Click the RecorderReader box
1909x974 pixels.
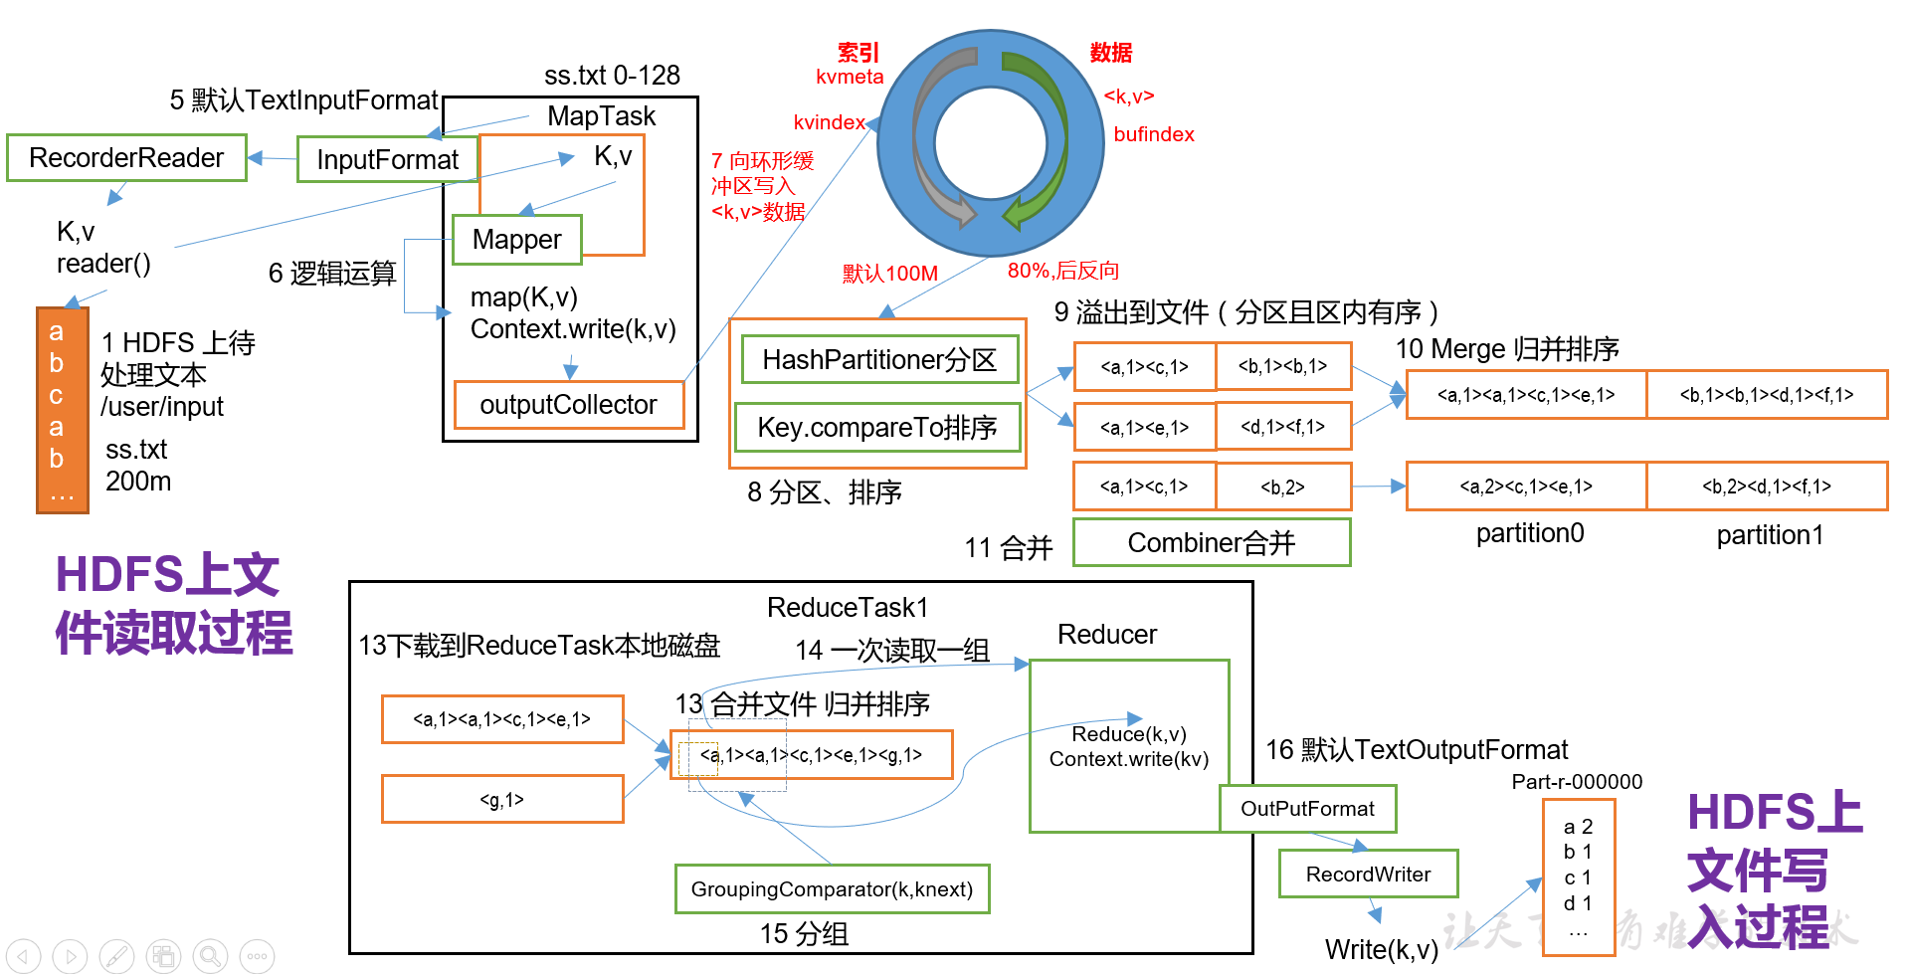126,158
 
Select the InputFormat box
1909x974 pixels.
387,160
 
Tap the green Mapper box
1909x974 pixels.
516,240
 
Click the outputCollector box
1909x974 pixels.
568,405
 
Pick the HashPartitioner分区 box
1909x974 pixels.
879,360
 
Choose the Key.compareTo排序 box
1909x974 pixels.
876,428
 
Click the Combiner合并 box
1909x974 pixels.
1211,543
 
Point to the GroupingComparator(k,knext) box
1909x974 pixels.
832,889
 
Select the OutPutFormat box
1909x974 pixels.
1307,809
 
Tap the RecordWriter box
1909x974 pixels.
1368,875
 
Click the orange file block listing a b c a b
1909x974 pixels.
62,410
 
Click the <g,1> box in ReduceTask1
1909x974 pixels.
502,800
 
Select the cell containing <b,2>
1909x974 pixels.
1282,487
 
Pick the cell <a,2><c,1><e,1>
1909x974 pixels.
1526,487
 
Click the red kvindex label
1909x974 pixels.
829,122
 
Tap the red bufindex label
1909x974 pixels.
1153,134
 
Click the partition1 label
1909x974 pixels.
1770,535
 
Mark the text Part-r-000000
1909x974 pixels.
1577,782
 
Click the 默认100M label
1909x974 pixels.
889,274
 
